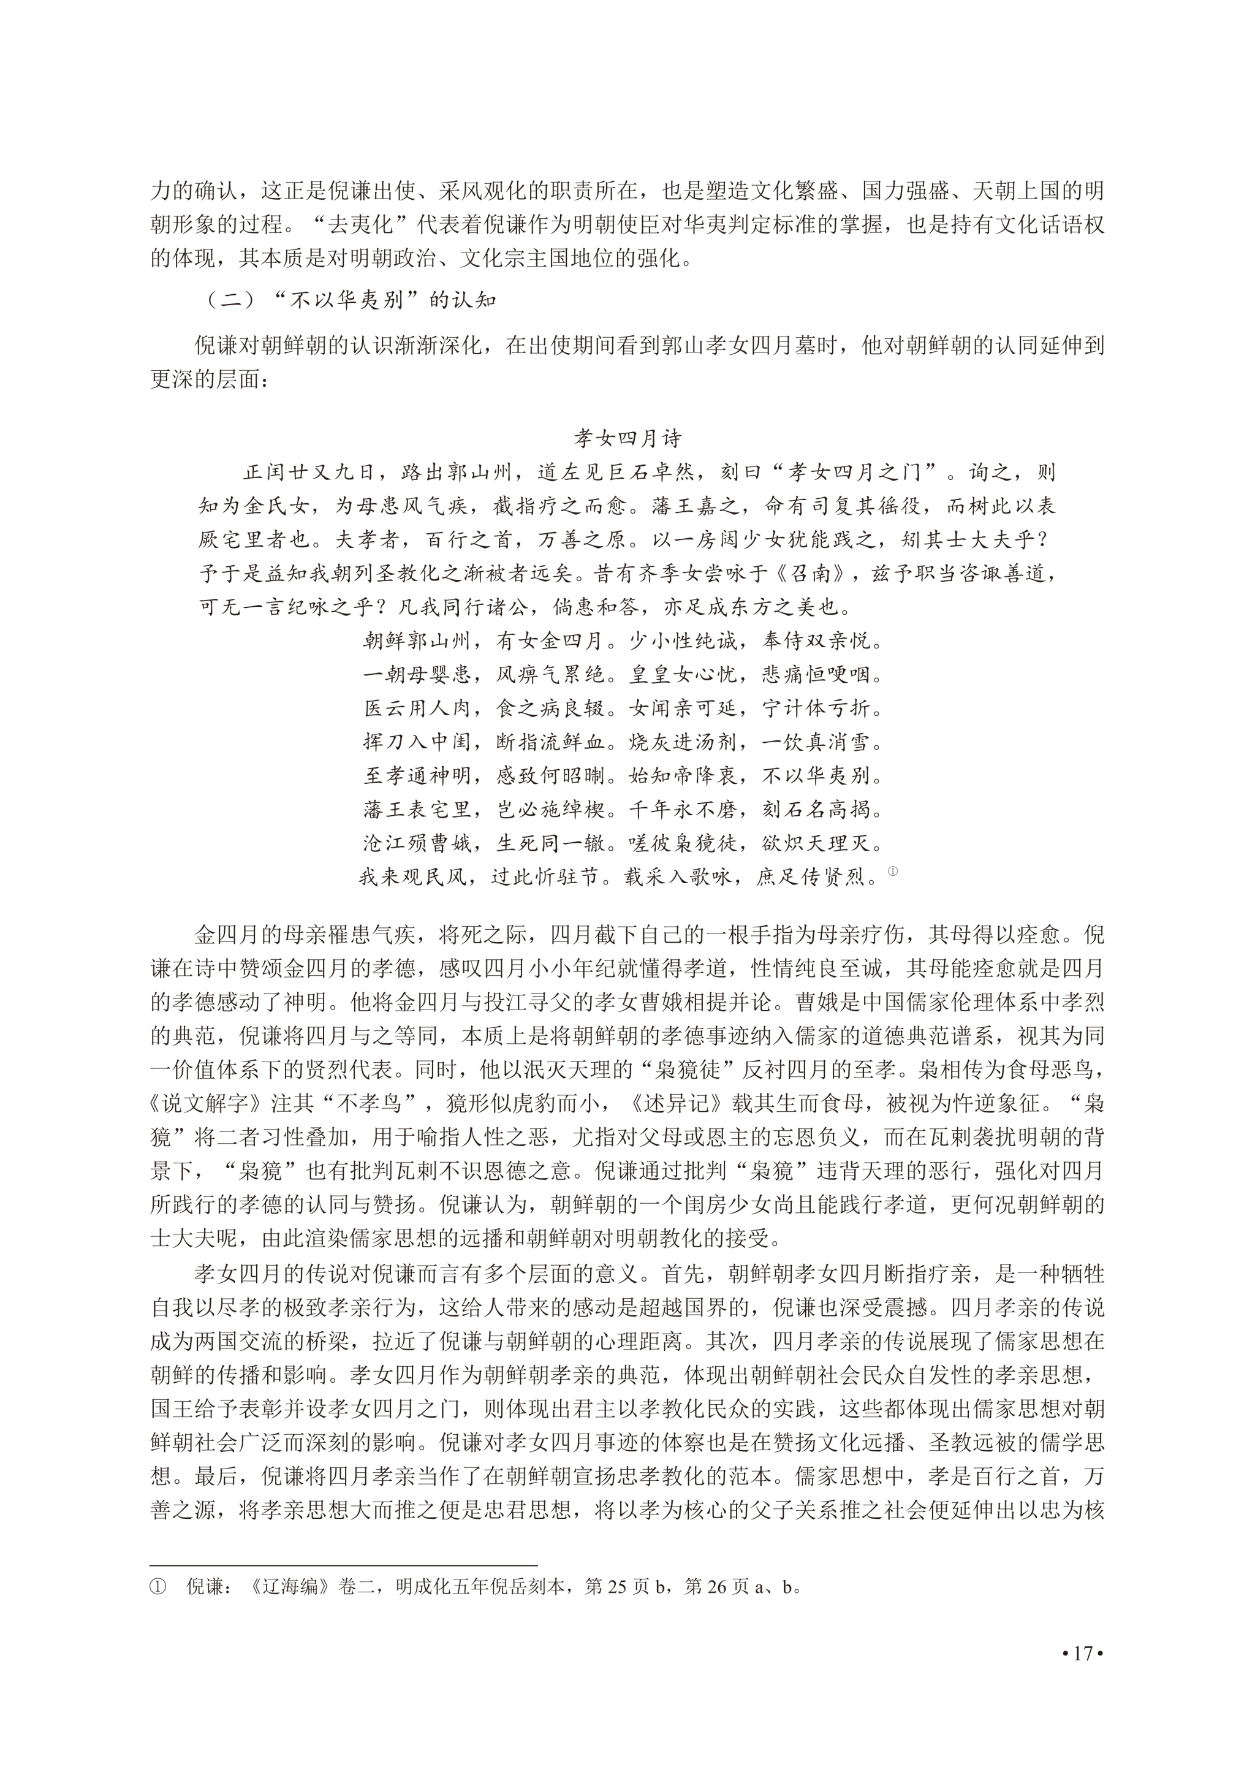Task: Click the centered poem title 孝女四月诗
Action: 627,439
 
